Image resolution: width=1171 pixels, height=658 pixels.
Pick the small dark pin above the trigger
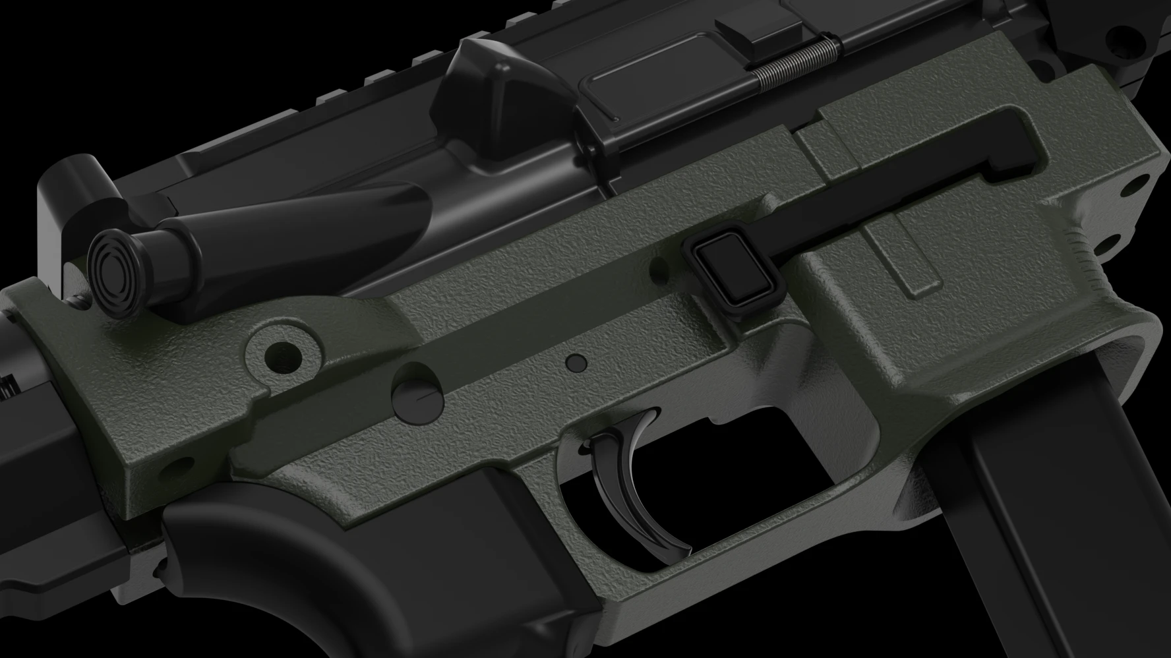point(576,362)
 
